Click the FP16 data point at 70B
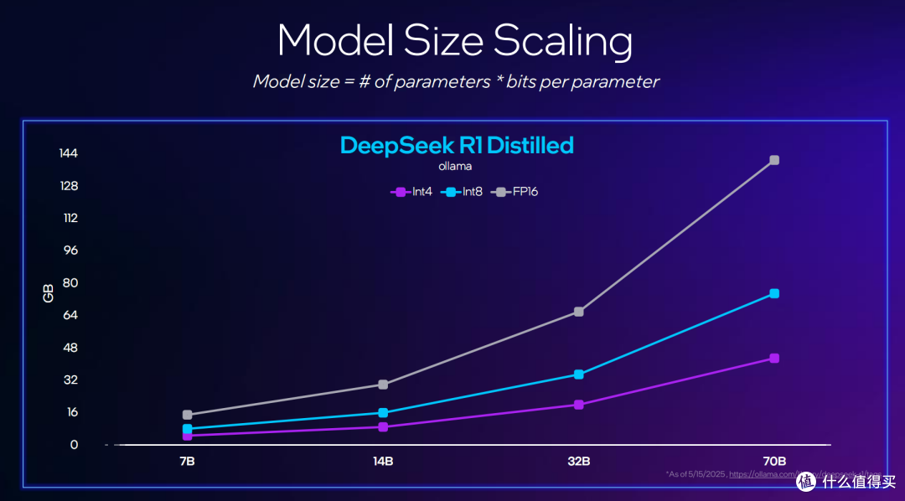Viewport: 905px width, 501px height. (774, 160)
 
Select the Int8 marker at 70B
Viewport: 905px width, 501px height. (774, 293)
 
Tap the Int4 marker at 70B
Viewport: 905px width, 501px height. (774, 359)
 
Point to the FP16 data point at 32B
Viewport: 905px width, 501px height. (579, 312)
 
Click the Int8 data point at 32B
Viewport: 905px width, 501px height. (579, 374)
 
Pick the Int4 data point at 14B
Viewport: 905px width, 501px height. (383, 426)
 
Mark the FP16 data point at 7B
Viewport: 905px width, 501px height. (188, 415)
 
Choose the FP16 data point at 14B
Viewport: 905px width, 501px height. (383, 385)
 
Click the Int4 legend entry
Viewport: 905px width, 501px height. (411, 192)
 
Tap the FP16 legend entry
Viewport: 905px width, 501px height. (517, 192)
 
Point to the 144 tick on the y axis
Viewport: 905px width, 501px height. (69, 153)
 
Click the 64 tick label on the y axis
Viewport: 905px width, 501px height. (70, 315)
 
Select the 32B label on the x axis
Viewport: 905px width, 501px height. (578, 462)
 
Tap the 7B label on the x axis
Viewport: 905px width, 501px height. (188, 462)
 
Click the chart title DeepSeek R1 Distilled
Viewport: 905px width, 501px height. (457, 145)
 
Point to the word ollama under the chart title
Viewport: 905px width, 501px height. (455, 166)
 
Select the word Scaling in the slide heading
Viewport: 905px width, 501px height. (562, 40)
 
